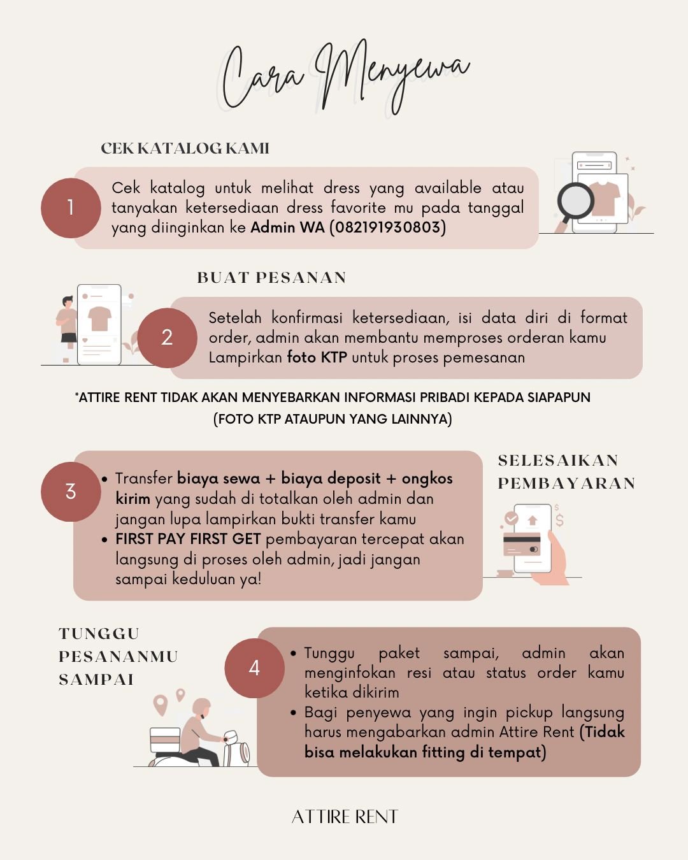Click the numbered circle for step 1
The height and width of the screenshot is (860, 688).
pyautogui.click(x=71, y=208)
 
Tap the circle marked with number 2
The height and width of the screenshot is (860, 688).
pyautogui.click(x=167, y=338)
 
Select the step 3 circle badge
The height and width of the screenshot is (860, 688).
pyautogui.click(x=71, y=492)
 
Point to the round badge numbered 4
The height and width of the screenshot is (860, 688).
pyautogui.click(x=254, y=668)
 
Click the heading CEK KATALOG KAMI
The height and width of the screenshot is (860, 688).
pyautogui.click(x=185, y=148)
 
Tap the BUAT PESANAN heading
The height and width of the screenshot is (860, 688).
pyautogui.click(x=271, y=278)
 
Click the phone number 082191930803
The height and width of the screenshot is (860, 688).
pyautogui.click(x=388, y=227)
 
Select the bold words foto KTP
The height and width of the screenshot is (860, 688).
pyautogui.click(x=317, y=357)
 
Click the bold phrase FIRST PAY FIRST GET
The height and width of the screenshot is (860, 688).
pyautogui.click(x=188, y=539)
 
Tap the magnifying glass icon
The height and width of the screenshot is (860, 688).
pyautogui.click(x=575, y=204)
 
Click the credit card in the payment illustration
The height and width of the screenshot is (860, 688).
pyautogui.click(x=522, y=544)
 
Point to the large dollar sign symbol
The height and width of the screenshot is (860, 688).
pyautogui.click(x=560, y=520)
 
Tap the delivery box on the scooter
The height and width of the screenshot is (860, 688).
pyautogui.click(x=165, y=740)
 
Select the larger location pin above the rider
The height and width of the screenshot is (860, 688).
pyautogui.click(x=161, y=705)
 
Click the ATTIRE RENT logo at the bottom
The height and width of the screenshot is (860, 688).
pyautogui.click(x=345, y=817)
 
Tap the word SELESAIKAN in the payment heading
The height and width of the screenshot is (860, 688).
pyautogui.click(x=558, y=461)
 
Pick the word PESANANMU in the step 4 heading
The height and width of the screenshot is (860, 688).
pyautogui.click(x=118, y=657)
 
